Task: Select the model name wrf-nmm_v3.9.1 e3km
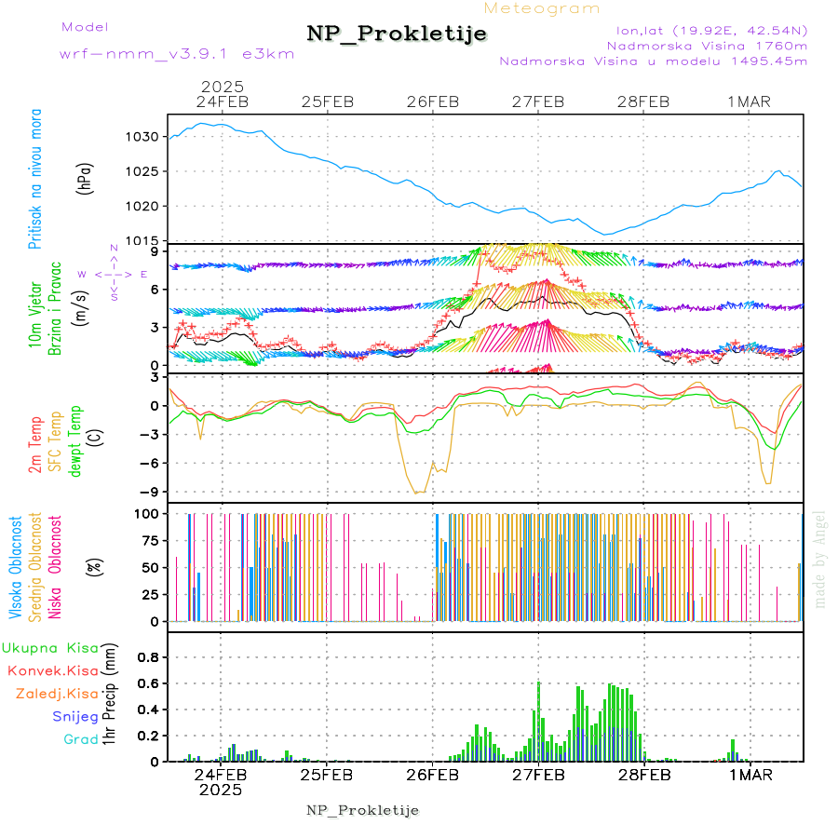(177, 53)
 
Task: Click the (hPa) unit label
(85, 179)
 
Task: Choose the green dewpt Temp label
(75, 439)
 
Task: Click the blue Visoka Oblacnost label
(16, 570)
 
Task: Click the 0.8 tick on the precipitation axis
(149, 656)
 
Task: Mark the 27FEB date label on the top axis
(538, 102)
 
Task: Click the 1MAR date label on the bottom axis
(750, 775)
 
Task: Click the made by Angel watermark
(820, 559)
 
